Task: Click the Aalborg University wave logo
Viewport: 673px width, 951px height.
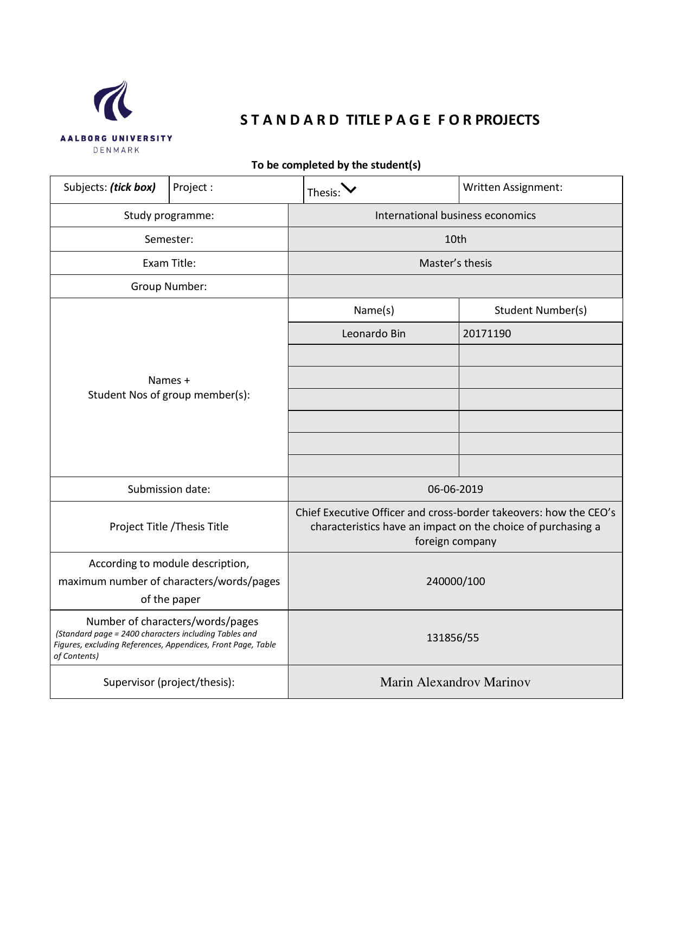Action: (x=113, y=101)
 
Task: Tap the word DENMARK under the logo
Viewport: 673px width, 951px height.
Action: (x=117, y=150)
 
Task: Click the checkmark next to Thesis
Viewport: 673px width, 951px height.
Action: (x=349, y=189)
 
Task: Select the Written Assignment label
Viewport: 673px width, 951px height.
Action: (x=512, y=188)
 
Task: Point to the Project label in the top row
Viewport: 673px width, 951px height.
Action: (x=193, y=188)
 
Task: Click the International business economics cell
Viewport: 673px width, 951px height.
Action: (x=455, y=216)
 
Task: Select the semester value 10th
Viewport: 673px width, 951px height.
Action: (x=455, y=240)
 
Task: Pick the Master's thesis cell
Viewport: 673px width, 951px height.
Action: (x=455, y=264)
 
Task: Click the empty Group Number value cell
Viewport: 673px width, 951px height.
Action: (x=455, y=286)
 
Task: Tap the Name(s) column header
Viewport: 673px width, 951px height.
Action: (x=374, y=311)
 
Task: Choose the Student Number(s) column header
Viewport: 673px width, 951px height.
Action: (x=540, y=311)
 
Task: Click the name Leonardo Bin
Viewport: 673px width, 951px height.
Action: (x=374, y=334)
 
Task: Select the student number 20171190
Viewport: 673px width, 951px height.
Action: (x=487, y=334)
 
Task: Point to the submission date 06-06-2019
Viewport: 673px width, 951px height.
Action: (x=455, y=490)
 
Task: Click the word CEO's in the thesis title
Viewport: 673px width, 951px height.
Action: (x=601, y=513)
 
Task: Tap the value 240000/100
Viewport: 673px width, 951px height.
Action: (x=455, y=582)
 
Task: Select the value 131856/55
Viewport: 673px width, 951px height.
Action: (x=452, y=638)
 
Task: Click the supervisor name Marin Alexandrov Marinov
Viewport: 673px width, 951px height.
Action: (x=455, y=683)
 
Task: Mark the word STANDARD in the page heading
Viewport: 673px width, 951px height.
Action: (x=290, y=120)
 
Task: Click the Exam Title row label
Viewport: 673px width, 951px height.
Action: (x=169, y=264)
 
